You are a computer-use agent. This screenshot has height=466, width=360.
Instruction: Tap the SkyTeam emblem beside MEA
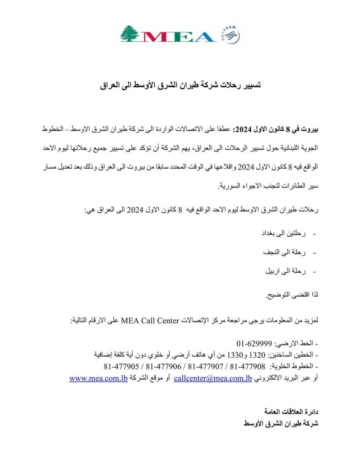[x=229, y=35]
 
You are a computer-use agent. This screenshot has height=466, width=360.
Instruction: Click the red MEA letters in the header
[x=178, y=36]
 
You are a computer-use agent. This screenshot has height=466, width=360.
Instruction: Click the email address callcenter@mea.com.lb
[x=213, y=378]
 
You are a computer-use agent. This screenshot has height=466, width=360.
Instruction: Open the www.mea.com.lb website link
[x=95, y=378]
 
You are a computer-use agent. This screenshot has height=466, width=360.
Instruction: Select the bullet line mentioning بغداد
[x=286, y=233]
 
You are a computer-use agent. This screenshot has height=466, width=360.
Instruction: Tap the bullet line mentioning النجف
[x=286, y=252]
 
